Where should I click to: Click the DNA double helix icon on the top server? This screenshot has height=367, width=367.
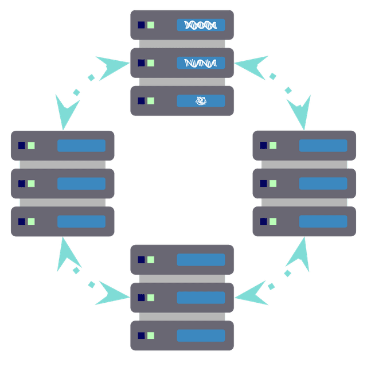point(201,25)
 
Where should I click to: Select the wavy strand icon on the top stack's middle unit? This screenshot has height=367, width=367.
point(201,63)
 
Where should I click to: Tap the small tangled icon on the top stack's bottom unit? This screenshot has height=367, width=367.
point(201,101)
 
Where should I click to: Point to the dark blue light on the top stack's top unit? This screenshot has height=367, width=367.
point(141,25)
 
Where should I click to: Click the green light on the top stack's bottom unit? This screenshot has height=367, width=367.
point(151,101)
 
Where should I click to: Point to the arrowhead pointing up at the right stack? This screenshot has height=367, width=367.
point(299,253)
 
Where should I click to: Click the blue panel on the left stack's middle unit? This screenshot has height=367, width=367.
point(81,183)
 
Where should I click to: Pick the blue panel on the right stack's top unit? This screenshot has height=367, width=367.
point(323,146)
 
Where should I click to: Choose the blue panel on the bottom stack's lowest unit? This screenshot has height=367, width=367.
point(201,335)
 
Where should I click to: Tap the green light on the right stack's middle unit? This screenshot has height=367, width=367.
point(273,183)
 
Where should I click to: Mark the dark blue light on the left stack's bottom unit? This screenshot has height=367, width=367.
point(22,221)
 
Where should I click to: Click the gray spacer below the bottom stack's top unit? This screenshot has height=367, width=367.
point(182,279)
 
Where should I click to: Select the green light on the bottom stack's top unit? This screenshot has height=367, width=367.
point(151,260)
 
